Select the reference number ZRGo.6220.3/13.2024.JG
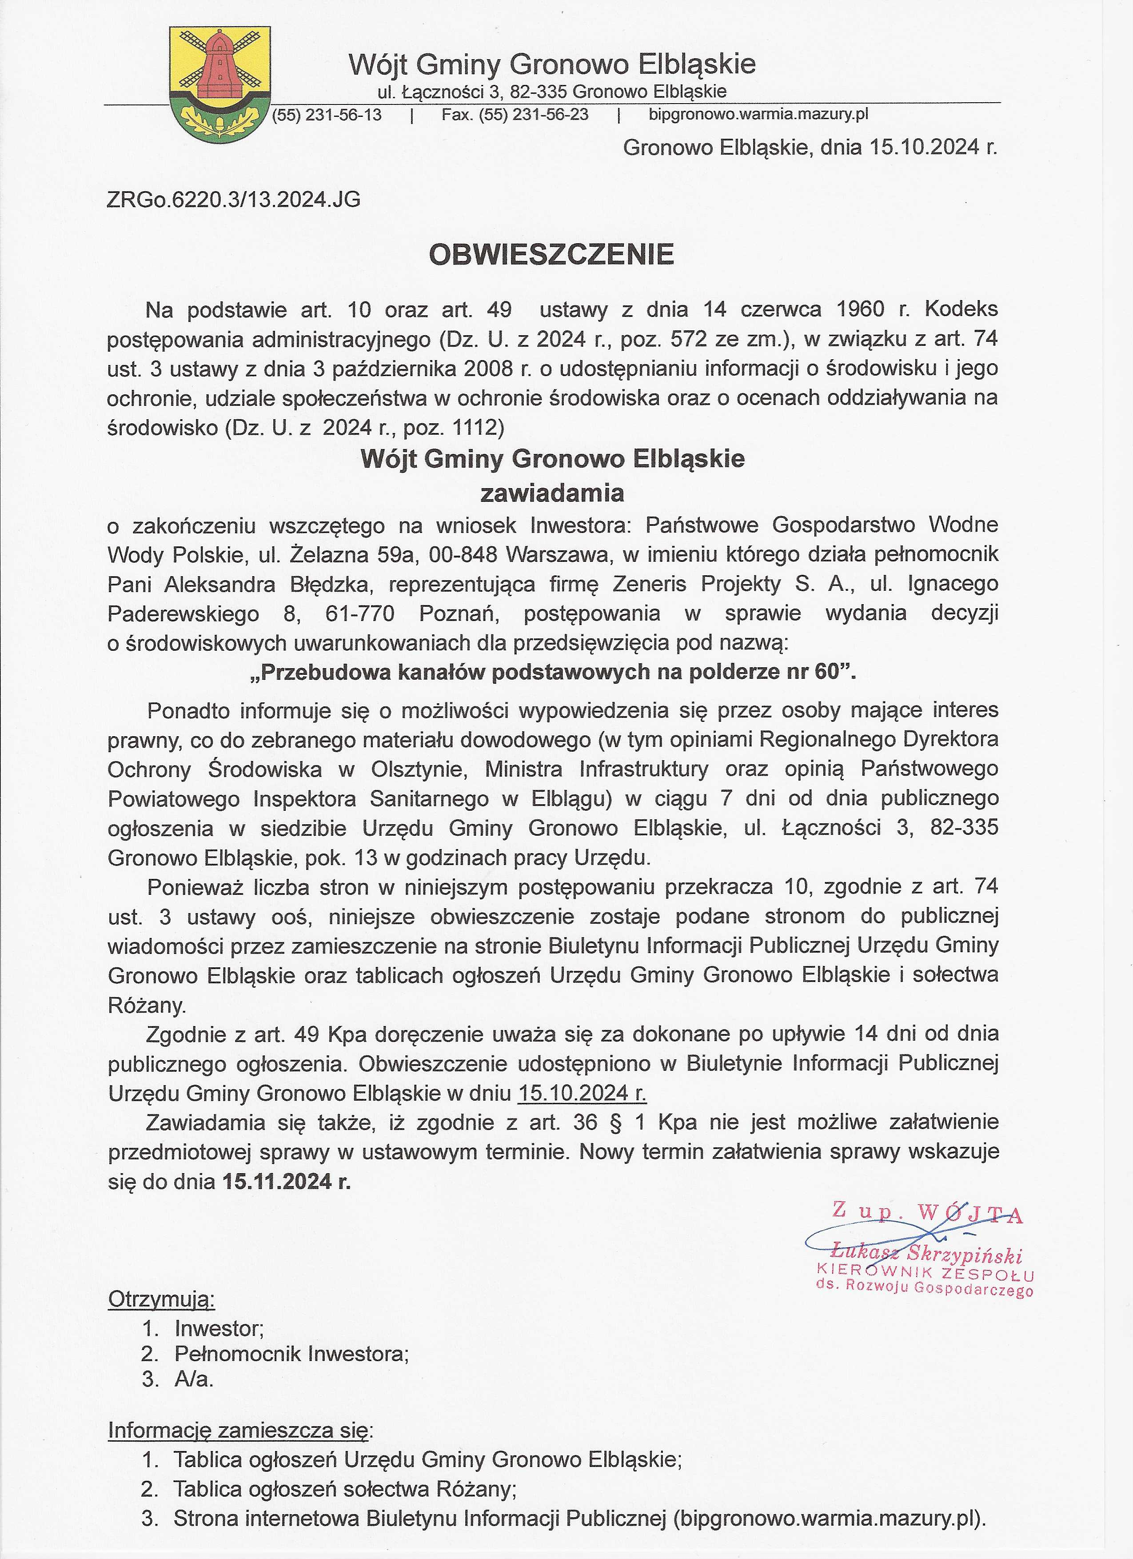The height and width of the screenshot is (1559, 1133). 234,200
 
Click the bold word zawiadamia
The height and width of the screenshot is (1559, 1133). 552,493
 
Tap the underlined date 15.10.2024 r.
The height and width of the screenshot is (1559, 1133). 582,1093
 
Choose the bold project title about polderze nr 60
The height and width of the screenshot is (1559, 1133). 553,672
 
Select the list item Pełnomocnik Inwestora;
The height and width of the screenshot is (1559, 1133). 291,1354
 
